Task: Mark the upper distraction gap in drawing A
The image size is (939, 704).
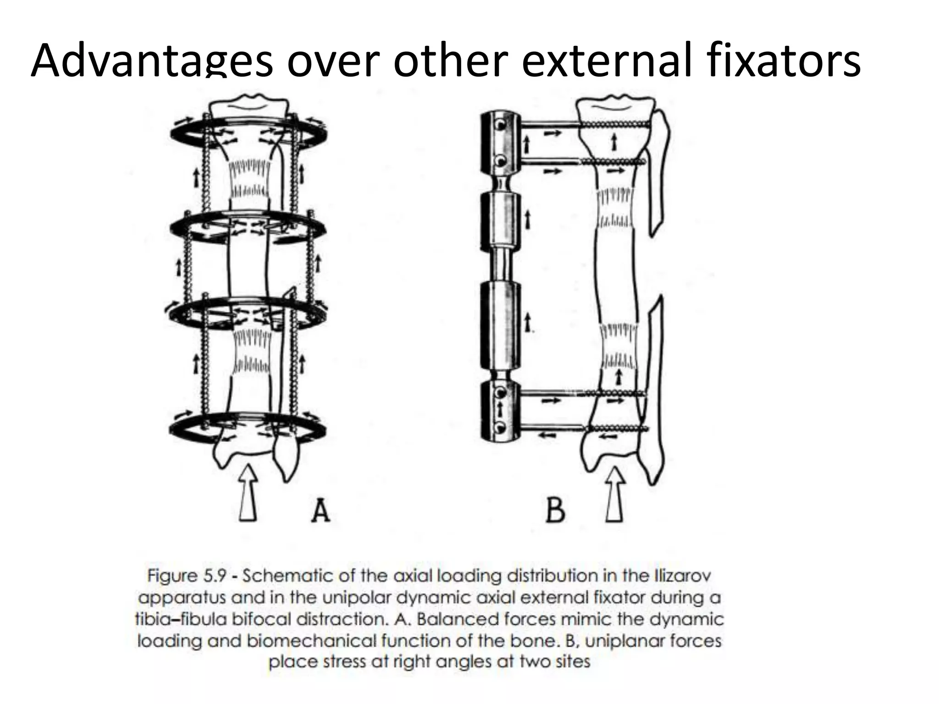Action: [249, 179]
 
